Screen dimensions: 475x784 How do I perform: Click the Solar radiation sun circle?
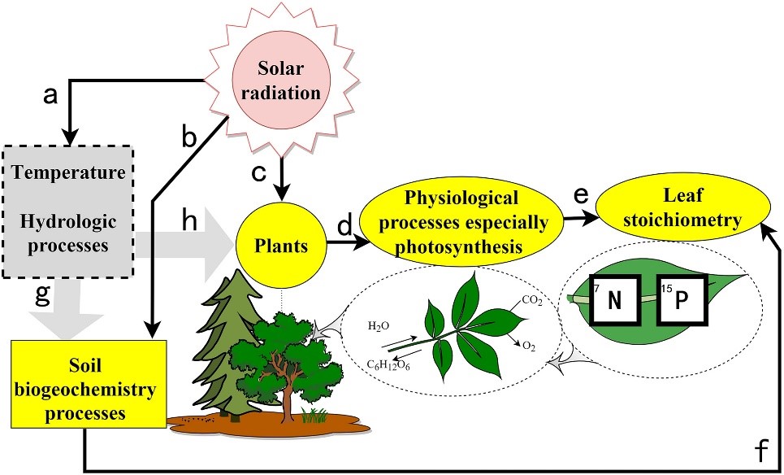point(278,81)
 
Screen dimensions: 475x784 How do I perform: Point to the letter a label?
point(50,97)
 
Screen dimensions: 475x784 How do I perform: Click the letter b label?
point(189,139)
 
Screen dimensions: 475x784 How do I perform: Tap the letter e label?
point(581,195)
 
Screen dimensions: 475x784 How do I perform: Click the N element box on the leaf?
point(614,302)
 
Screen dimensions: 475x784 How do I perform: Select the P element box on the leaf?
point(682,302)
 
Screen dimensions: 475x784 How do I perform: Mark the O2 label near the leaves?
point(528,346)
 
